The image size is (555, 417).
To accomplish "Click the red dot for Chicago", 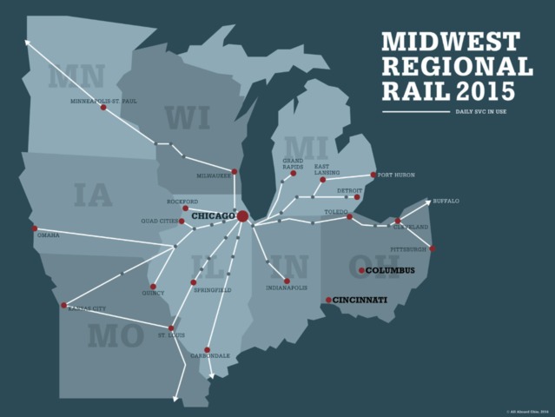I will (243, 215).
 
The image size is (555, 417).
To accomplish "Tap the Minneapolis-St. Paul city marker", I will (103, 108).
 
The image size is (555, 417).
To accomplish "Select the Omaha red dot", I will (35, 228).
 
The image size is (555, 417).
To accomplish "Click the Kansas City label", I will (88, 308).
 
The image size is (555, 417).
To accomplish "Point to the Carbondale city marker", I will (208, 350).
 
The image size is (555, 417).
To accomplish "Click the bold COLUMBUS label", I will (390, 271).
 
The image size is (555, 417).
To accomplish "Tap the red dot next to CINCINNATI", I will (328, 301).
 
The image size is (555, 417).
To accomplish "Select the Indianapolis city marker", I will (287, 281).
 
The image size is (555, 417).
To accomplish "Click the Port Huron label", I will (397, 175).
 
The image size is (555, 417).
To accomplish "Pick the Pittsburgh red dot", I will (433, 248).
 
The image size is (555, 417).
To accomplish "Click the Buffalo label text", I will (446, 202).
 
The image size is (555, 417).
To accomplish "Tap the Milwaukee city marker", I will (234, 172).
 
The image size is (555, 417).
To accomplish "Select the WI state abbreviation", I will (187, 116).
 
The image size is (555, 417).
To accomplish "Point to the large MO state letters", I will (115, 335).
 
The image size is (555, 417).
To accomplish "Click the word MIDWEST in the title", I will (451, 42).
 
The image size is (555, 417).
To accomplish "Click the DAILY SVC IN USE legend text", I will (477, 112).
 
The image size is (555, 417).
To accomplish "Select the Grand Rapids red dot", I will (294, 174).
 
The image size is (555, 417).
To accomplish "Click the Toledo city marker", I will (349, 217).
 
